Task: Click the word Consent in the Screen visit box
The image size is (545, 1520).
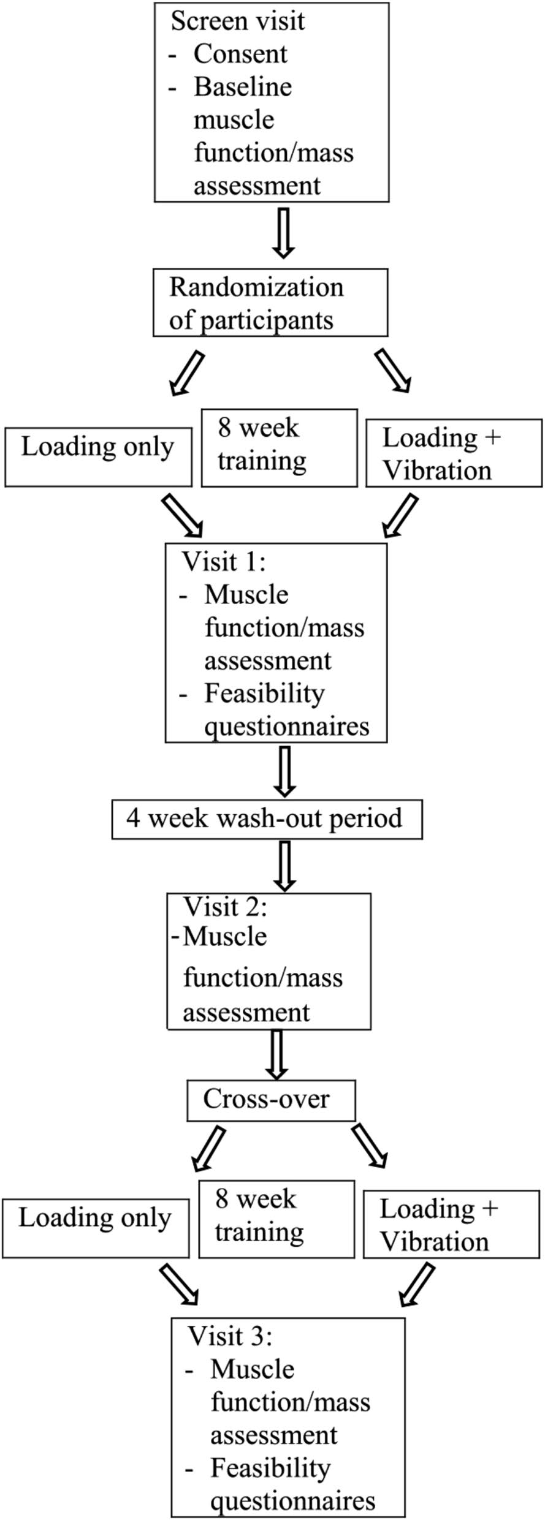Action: tap(240, 54)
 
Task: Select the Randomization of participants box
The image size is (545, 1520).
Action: tap(270, 303)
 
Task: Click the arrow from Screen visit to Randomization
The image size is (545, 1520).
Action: tap(283, 233)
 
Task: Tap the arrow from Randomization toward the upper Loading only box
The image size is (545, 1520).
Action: tap(186, 372)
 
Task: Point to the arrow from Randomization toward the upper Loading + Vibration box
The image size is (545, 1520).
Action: tap(392, 370)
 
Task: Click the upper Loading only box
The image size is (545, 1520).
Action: tap(98, 457)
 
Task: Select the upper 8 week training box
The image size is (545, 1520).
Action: tap(279, 448)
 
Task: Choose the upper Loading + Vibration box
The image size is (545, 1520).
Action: tap(454, 453)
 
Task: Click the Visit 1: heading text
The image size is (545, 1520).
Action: tap(223, 562)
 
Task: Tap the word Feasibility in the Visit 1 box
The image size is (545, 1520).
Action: tap(264, 694)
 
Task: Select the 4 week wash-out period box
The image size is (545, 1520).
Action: tap(267, 819)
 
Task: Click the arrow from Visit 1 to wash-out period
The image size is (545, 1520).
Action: tap(285, 770)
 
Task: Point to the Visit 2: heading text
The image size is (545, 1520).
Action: tap(226, 907)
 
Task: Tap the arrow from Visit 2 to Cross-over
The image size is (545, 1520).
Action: tap(277, 1054)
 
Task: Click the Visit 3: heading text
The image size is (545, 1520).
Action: tap(229, 1336)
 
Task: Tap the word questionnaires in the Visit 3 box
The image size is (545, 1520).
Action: tap(293, 1501)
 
